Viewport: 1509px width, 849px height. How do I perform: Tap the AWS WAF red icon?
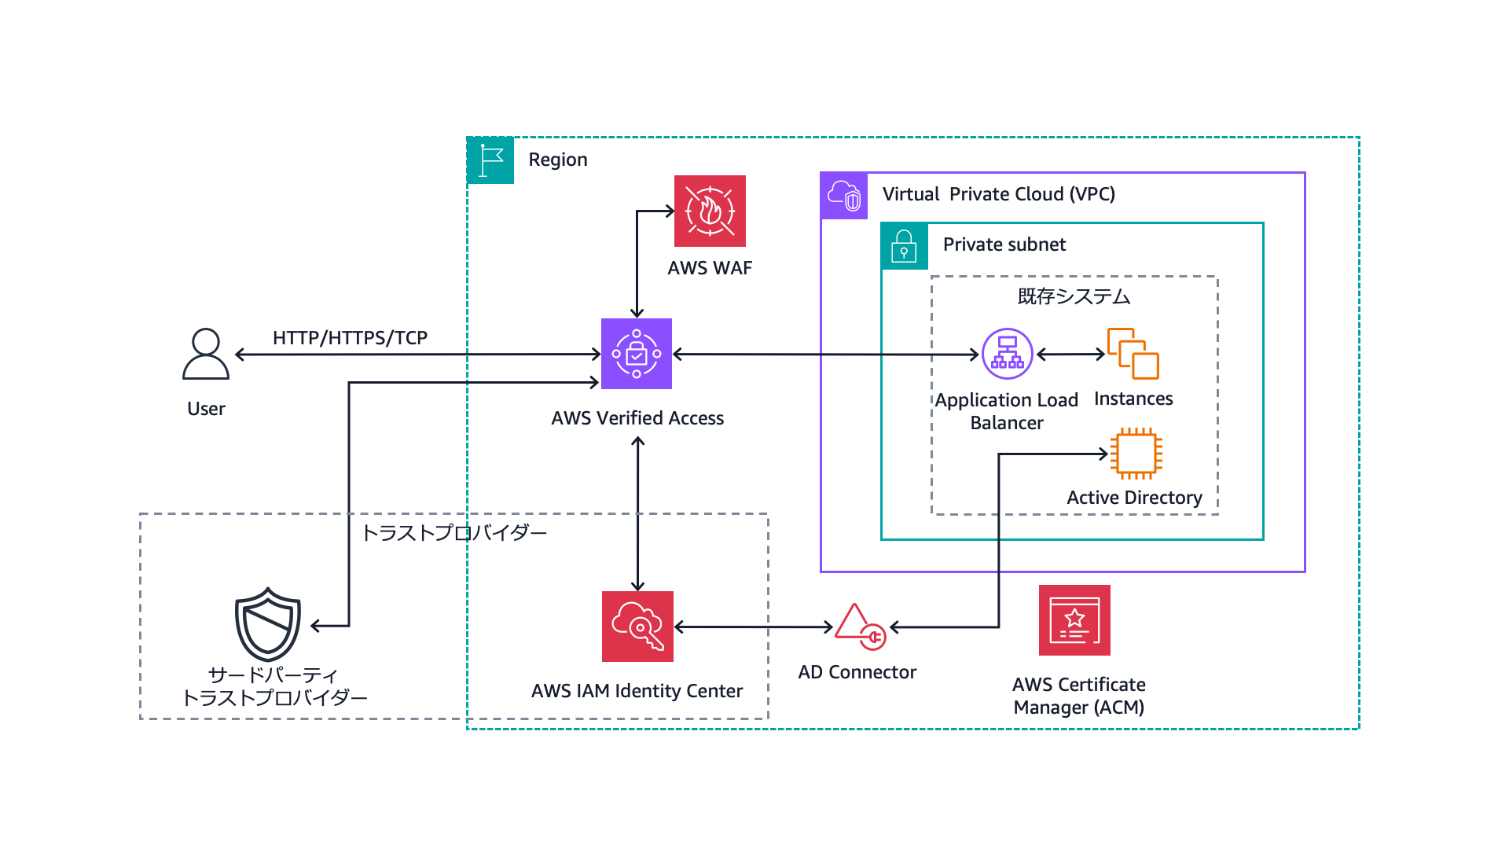click(x=710, y=211)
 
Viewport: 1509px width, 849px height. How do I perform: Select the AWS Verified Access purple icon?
click(x=637, y=354)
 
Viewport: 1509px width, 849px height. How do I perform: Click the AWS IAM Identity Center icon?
click(x=637, y=627)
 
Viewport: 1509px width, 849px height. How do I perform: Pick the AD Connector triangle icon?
click(x=860, y=627)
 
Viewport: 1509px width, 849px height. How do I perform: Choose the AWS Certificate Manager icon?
click(x=1074, y=620)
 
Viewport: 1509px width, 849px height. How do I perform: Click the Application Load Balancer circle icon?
click(x=1007, y=354)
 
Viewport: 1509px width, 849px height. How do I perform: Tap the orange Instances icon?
click(x=1133, y=354)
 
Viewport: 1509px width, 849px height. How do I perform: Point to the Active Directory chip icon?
click(x=1136, y=454)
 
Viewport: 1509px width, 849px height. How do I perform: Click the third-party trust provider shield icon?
click(x=268, y=625)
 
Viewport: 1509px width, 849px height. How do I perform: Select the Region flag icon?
click(x=490, y=160)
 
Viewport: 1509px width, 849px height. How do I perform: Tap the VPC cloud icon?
click(x=844, y=196)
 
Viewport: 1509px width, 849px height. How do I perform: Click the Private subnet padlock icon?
click(x=905, y=246)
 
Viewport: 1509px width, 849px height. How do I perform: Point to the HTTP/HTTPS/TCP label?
click(x=350, y=338)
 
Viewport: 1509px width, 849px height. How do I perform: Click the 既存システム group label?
click(x=1074, y=296)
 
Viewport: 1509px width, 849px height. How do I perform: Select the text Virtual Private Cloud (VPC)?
click(x=998, y=194)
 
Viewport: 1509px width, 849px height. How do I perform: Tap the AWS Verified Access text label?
click(x=637, y=418)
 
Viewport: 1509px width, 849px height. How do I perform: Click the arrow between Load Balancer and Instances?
click(x=1070, y=355)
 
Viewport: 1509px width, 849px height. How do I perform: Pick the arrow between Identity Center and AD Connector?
click(x=753, y=627)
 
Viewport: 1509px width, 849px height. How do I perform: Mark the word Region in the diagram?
click(x=558, y=160)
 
